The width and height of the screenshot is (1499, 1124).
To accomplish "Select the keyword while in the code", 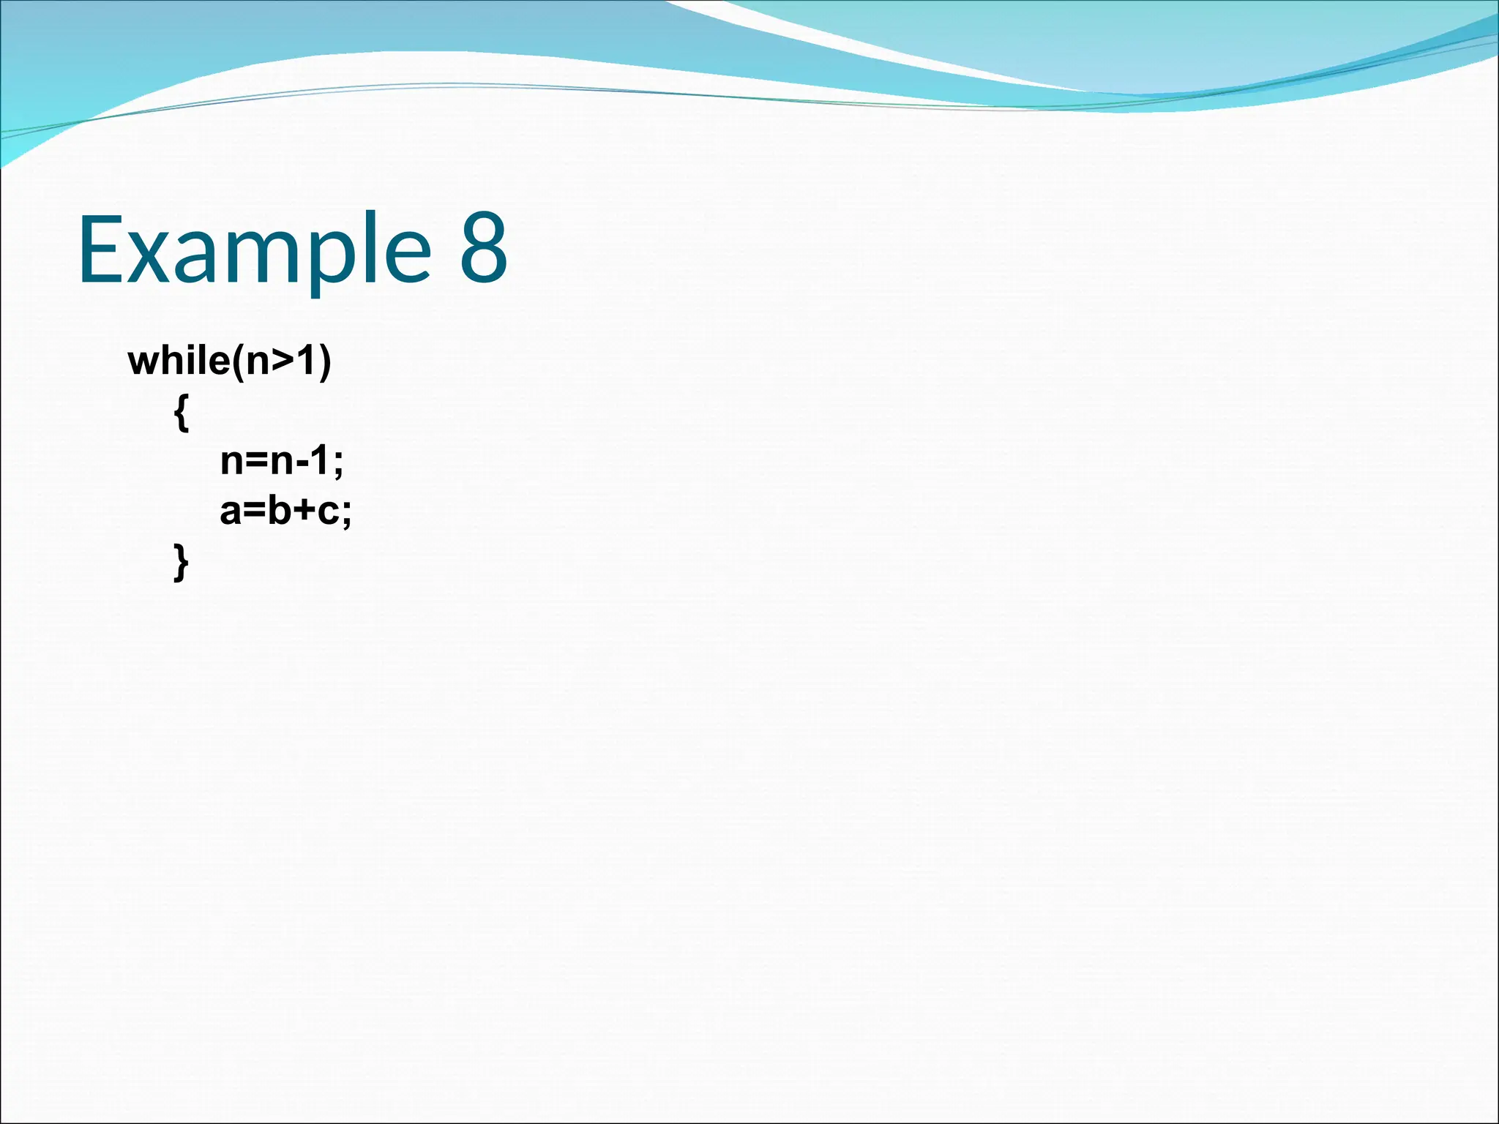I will [x=179, y=361].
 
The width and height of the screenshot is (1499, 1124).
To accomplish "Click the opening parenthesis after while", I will [x=238, y=362].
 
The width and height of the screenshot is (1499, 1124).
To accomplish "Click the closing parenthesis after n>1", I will [x=324, y=362].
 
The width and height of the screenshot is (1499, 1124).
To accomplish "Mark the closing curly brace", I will [x=182, y=562].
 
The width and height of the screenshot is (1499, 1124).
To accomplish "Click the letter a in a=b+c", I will [x=231, y=512].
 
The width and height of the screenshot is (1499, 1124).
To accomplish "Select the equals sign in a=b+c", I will [x=254, y=512].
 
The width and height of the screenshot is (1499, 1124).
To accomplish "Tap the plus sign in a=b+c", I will [x=304, y=512].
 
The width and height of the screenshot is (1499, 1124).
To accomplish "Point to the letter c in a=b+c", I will [x=328, y=512].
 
